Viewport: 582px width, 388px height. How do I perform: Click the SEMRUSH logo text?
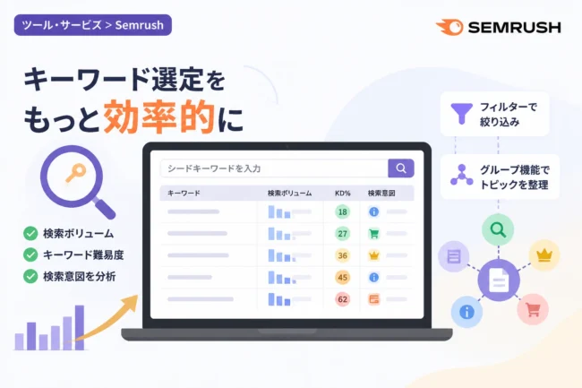(515, 28)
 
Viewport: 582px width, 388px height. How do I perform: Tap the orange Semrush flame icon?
(449, 28)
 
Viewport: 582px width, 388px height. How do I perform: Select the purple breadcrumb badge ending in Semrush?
(93, 25)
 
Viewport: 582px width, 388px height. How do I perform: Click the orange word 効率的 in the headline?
(158, 117)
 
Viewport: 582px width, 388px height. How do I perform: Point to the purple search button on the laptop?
(401, 168)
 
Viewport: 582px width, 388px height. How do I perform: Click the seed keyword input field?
(275, 168)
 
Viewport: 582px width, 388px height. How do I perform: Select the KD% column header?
(343, 194)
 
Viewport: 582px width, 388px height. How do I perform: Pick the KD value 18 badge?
(343, 211)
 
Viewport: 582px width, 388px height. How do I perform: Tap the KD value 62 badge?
(343, 299)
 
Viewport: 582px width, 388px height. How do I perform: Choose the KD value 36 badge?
(343, 255)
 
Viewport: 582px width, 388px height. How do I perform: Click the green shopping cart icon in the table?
(373, 234)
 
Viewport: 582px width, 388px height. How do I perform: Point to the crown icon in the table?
(373, 255)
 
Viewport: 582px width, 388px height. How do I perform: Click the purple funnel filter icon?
(461, 114)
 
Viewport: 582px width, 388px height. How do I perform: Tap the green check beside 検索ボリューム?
(30, 234)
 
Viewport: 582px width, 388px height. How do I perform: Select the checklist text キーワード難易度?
(83, 255)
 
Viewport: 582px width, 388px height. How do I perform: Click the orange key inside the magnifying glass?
(76, 173)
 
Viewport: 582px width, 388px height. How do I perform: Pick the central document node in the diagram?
(499, 280)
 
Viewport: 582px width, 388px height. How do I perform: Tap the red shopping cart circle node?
(533, 309)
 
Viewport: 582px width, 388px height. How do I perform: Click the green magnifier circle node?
(498, 229)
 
